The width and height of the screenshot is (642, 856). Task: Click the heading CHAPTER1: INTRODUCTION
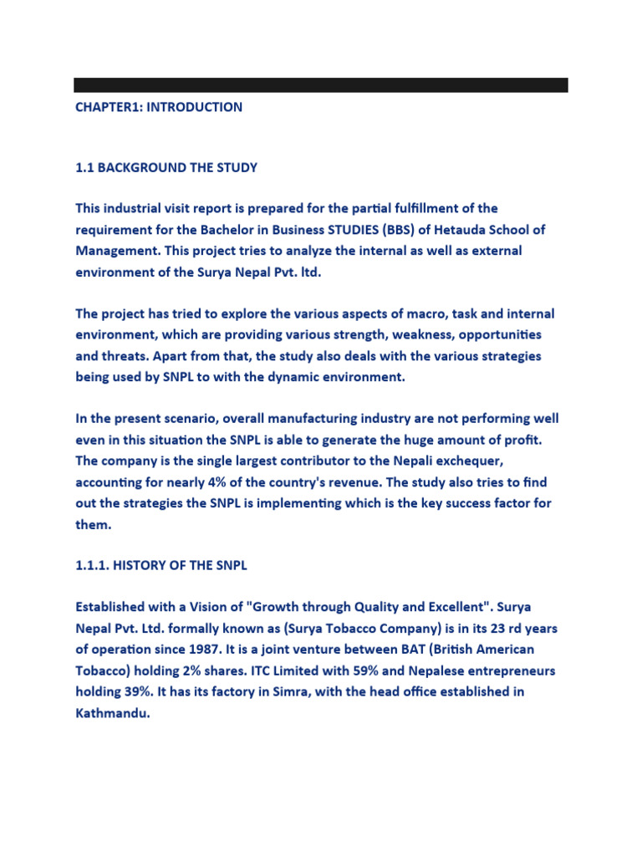pos(159,107)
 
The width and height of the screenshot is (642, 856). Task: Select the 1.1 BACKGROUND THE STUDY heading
pos(166,167)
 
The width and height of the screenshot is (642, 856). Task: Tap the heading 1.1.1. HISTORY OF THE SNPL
pos(161,566)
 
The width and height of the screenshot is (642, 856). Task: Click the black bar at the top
pos(320,84)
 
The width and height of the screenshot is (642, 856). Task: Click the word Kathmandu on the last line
pos(112,713)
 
